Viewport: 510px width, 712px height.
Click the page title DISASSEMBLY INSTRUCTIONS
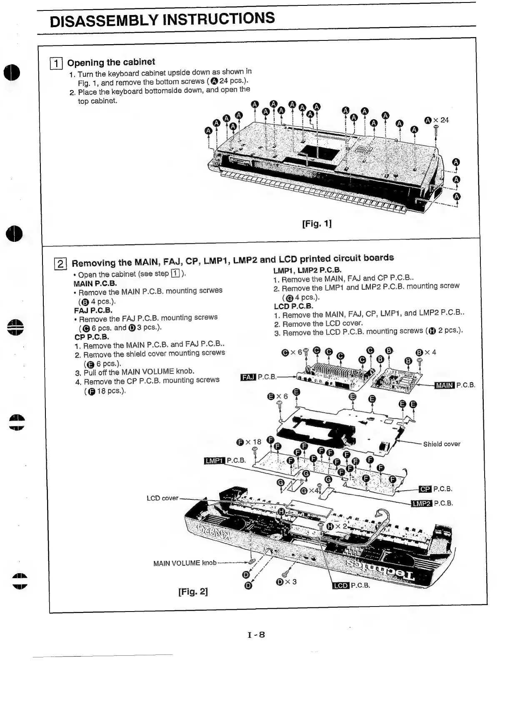[162, 19]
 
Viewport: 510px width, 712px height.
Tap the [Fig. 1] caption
[317, 224]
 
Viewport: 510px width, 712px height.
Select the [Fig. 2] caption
[193, 591]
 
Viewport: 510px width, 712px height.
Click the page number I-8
[256, 635]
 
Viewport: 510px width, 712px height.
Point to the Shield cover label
[442, 444]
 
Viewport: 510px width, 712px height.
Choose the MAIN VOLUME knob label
[185, 563]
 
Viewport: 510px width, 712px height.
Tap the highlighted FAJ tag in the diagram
[248, 377]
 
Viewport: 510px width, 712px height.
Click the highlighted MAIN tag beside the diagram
[444, 385]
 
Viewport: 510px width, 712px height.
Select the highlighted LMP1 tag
[214, 461]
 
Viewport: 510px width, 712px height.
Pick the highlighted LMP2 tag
[421, 503]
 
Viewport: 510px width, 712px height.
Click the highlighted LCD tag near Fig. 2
[341, 585]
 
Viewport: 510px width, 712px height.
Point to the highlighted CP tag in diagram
[425, 489]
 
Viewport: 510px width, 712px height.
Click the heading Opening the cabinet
[111, 63]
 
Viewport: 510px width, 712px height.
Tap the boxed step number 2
[60, 263]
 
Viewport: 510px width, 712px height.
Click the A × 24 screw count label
[436, 120]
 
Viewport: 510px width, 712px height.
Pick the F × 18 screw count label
[249, 442]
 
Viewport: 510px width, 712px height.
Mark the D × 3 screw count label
[286, 582]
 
